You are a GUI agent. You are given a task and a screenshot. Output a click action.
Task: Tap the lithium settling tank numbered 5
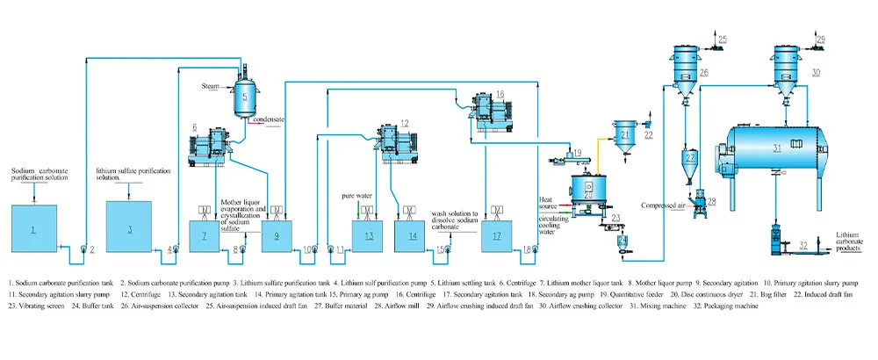[x=245, y=95]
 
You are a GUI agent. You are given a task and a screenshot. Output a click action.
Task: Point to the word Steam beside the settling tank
[x=210, y=87]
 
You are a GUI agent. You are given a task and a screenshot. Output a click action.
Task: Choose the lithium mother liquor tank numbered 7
[x=205, y=236]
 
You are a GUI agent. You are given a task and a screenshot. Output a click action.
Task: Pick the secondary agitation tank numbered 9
[x=276, y=236]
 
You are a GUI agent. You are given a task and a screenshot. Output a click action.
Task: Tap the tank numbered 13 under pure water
[x=369, y=236]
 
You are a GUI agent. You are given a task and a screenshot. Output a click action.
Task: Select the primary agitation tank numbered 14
[x=412, y=236]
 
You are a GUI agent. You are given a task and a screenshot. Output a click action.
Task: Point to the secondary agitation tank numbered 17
[x=497, y=236]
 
